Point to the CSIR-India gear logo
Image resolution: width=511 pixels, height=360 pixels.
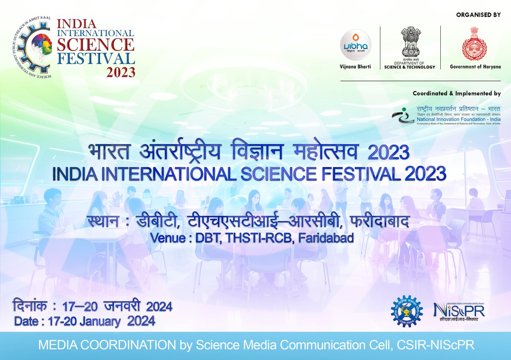407,310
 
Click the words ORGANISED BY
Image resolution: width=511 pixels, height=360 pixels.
478,15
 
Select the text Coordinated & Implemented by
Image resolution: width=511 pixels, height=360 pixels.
457,93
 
